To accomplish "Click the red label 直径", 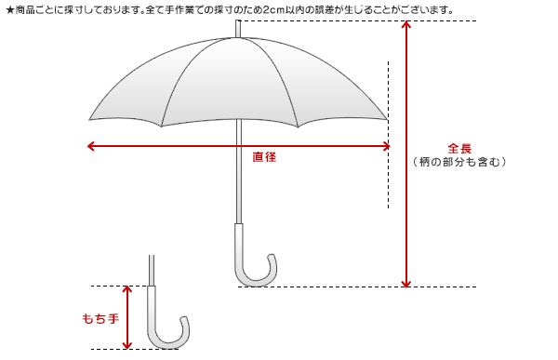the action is pyautogui.click(x=265, y=157).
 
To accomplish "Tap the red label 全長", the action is pyautogui.click(x=459, y=148).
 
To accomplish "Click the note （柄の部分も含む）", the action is pyautogui.click(x=459, y=162).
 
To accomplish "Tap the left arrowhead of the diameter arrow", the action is pyautogui.click(x=90, y=145).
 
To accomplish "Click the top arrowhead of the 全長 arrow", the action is pyautogui.click(x=405, y=24).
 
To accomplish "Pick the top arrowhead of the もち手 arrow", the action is pyautogui.click(x=128, y=290).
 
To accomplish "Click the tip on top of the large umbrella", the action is pyautogui.click(x=239, y=27).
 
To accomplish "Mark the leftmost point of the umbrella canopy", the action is pyautogui.click(x=90, y=119).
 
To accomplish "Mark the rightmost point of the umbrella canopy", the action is pyautogui.click(x=387, y=119).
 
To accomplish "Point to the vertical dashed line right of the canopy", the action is pyautogui.click(x=388, y=177).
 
